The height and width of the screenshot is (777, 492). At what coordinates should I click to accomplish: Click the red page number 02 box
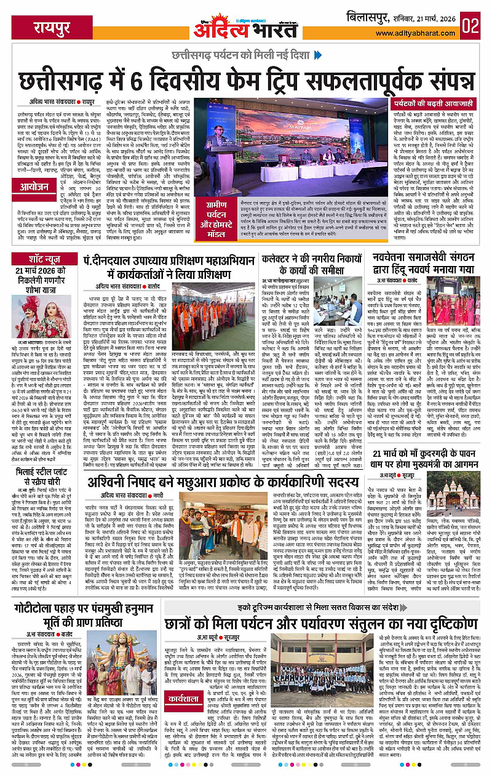pos(472,25)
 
